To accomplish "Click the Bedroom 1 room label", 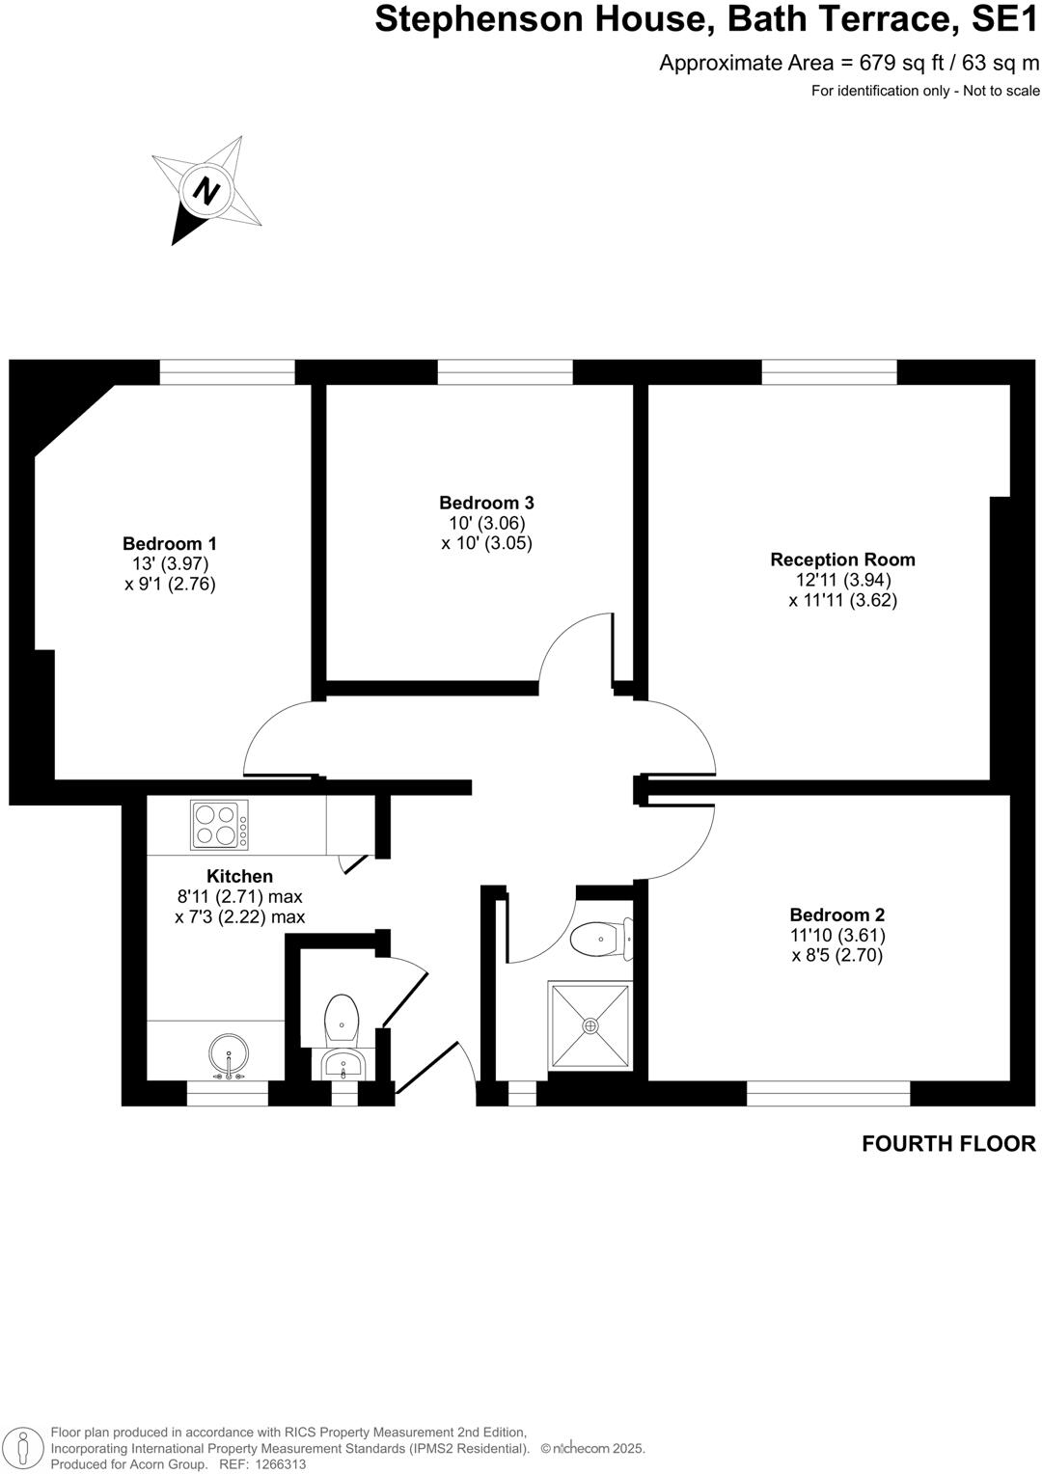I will tap(169, 543).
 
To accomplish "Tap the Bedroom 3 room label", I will tap(486, 503).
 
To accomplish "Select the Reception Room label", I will tap(842, 560).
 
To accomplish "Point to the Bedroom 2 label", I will tap(836, 914).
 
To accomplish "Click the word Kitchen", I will tap(239, 876).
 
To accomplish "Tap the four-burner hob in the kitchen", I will tap(219, 825).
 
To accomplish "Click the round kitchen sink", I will tap(229, 1055).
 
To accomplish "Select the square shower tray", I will tap(590, 1025).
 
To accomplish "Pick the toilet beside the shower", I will tap(600, 939).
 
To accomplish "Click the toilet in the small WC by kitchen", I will tap(342, 1019).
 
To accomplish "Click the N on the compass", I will tap(206, 190).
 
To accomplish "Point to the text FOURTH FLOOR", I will tap(948, 1144).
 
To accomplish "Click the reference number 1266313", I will tap(278, 1464).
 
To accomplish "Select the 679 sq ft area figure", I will tap(888, 64).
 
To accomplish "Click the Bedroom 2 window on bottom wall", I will tap(828, 1093).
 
